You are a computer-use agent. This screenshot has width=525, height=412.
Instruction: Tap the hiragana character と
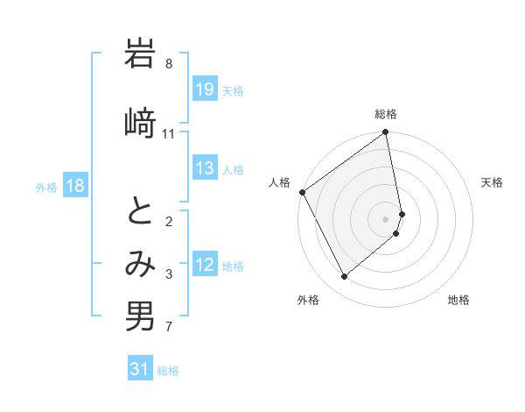click(x=140, y=213)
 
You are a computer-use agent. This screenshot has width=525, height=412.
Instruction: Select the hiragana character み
click(x=140, y=266)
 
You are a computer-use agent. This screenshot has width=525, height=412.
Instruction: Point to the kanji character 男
click(x=140, y=316)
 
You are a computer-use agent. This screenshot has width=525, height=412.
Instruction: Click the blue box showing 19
click(x=205, y=89)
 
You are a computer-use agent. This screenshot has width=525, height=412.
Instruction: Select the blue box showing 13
click(x=205, y=169)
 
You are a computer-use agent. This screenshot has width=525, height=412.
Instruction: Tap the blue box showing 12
click(x=205, y=266)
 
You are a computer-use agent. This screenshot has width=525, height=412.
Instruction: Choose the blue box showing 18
click(x=74, y=186)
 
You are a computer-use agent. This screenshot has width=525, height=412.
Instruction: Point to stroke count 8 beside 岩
click(x=169, y=64)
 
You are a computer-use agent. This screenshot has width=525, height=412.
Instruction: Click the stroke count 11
click(x=169, y=133)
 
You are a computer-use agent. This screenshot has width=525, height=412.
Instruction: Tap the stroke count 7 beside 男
click(x=169, y=328)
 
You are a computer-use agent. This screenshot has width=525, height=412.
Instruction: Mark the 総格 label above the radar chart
click(x=386, y=114)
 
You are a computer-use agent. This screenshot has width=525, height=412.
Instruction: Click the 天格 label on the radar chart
click(x=492, y=182)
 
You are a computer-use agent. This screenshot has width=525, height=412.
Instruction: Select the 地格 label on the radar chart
click(x=458, y=300)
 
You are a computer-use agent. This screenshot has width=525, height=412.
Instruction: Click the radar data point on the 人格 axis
click(x=302, y=192)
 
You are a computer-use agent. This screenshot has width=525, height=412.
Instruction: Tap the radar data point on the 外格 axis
click(x=344, y=277)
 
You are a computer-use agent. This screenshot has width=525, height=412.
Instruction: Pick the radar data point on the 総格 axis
click(x=386, y=133)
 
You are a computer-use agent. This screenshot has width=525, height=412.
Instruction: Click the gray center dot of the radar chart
click(x=386, y=218)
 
